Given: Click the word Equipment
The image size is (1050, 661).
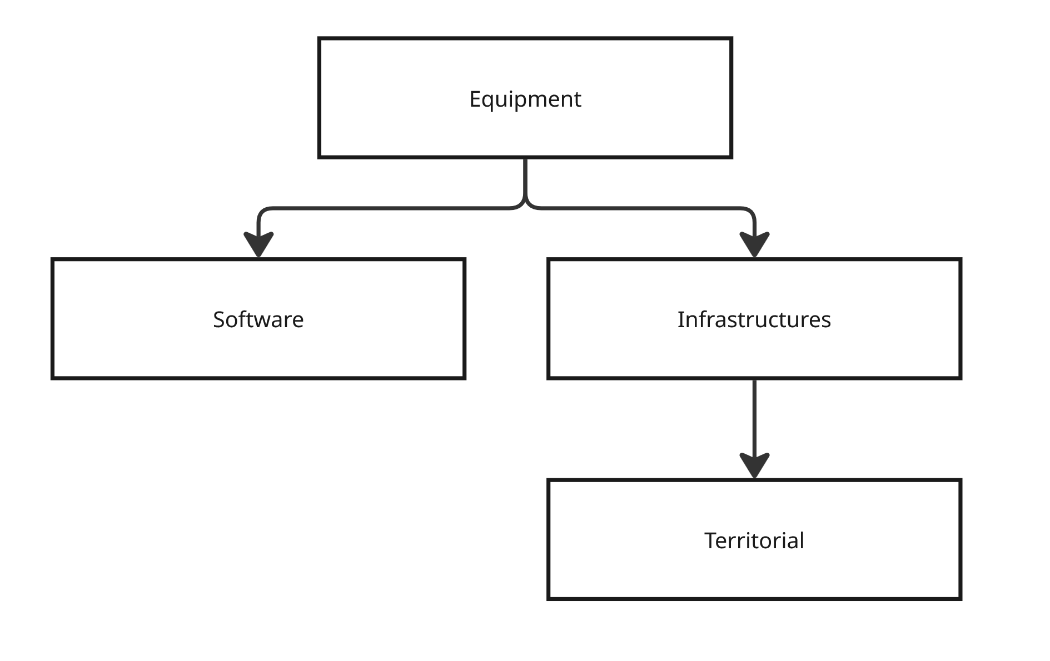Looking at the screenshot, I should click(525, 99).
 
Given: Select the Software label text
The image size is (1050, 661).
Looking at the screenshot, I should click(258, 320).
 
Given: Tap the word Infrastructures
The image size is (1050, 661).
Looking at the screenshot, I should click(754, 320).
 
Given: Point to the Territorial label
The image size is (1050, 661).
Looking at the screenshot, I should click(754, 540).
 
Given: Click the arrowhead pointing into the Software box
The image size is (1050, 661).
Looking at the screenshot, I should click(258, 244).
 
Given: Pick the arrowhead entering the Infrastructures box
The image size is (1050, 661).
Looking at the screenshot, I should click(754, 244).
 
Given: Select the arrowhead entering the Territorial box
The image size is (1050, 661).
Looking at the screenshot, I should click(754, 465).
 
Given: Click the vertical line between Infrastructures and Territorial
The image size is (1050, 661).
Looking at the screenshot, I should click(754, 417).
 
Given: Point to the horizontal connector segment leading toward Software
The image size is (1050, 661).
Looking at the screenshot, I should click(389, 208).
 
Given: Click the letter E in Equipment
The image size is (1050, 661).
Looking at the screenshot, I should click(475, 99).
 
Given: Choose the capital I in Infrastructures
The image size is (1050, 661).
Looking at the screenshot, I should click(680, 320).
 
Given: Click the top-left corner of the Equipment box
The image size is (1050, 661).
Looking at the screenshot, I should click(320, 39).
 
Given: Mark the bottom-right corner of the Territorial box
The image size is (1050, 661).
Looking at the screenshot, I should click(960, 598).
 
